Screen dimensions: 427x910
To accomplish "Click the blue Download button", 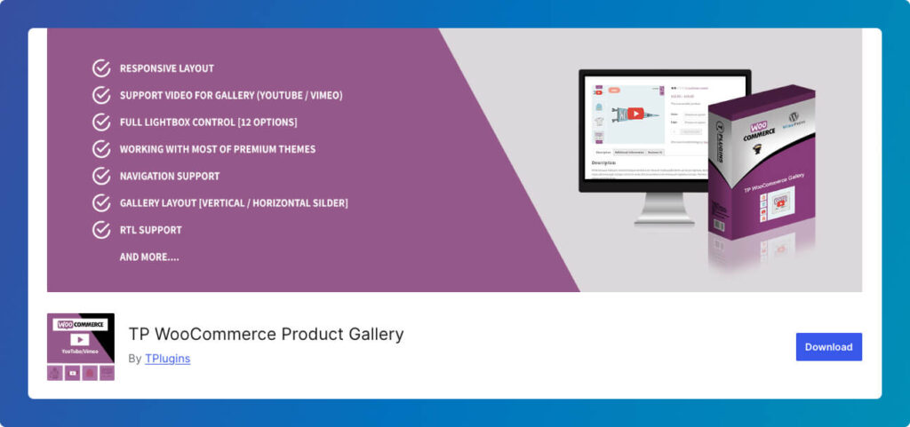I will click(x=828, y=347).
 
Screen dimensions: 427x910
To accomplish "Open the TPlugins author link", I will click(x=167, y=359).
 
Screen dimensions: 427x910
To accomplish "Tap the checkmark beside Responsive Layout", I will click(x=101, y=68).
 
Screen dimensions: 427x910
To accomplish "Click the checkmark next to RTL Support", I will click(x=101, y=230).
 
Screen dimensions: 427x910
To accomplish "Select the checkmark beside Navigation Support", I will click(x=101, y=176).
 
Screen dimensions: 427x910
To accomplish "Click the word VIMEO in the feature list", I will click(x=322, y=95).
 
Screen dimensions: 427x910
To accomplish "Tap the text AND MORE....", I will click(x=149, y=257).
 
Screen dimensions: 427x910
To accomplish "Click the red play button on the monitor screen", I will click(x=635, y=114).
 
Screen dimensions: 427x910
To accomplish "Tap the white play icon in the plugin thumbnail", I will click(x=80, y=339).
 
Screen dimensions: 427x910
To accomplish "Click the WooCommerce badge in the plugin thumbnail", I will click(x=80, y=325).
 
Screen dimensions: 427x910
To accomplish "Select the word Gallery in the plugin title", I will click(x=371, y=335).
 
